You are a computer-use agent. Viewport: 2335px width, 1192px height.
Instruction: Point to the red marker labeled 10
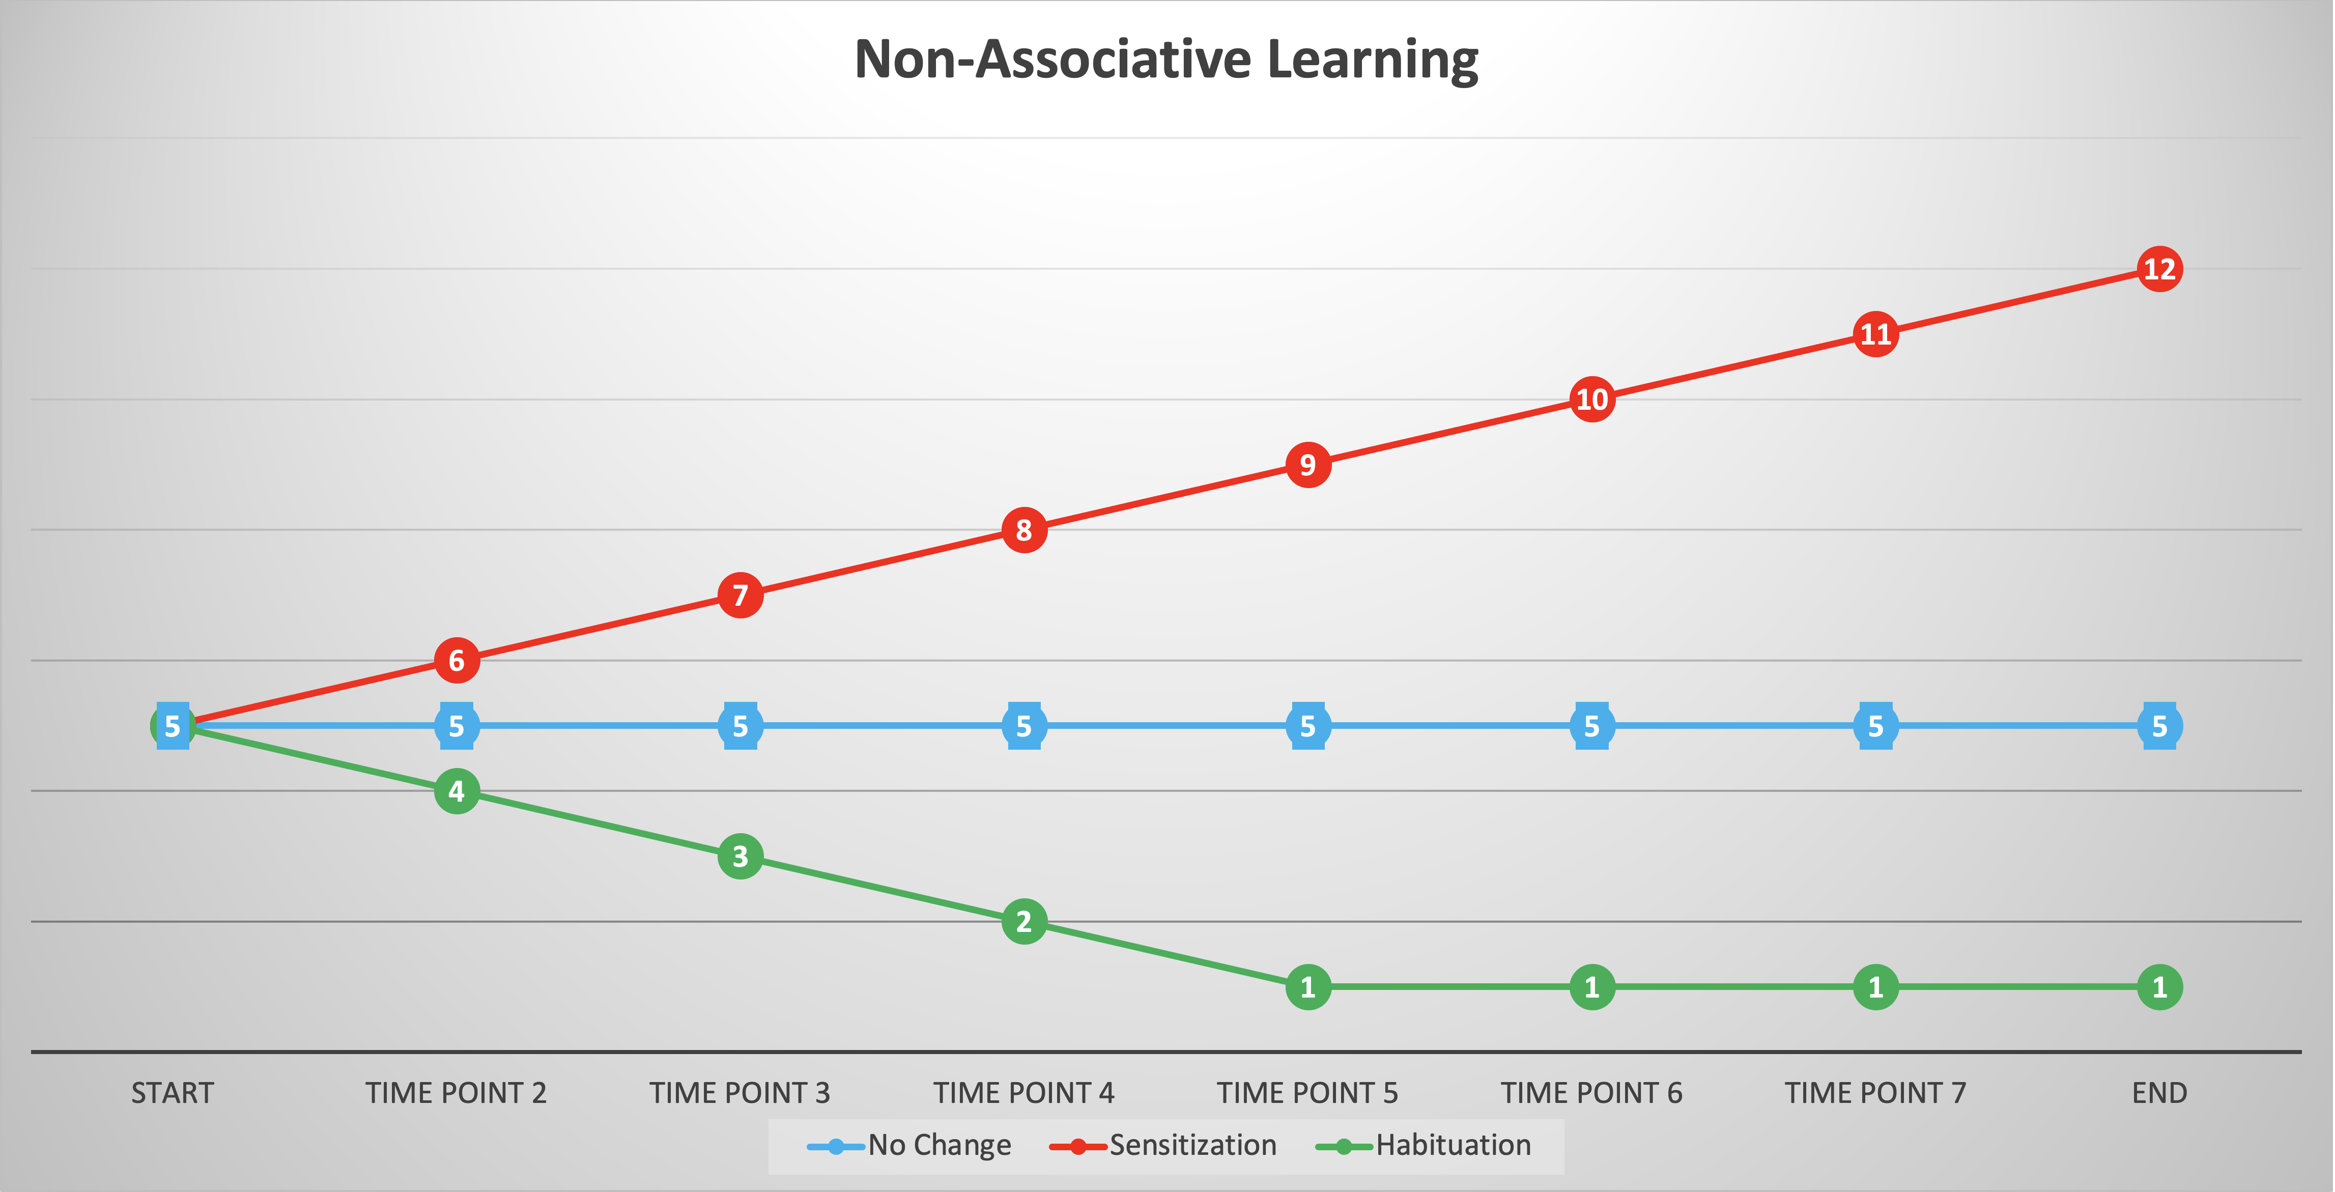[1592, 400]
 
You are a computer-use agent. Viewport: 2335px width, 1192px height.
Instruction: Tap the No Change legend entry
[910, 1146]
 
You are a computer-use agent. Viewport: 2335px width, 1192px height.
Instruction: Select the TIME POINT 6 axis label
[1592, 1093]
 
